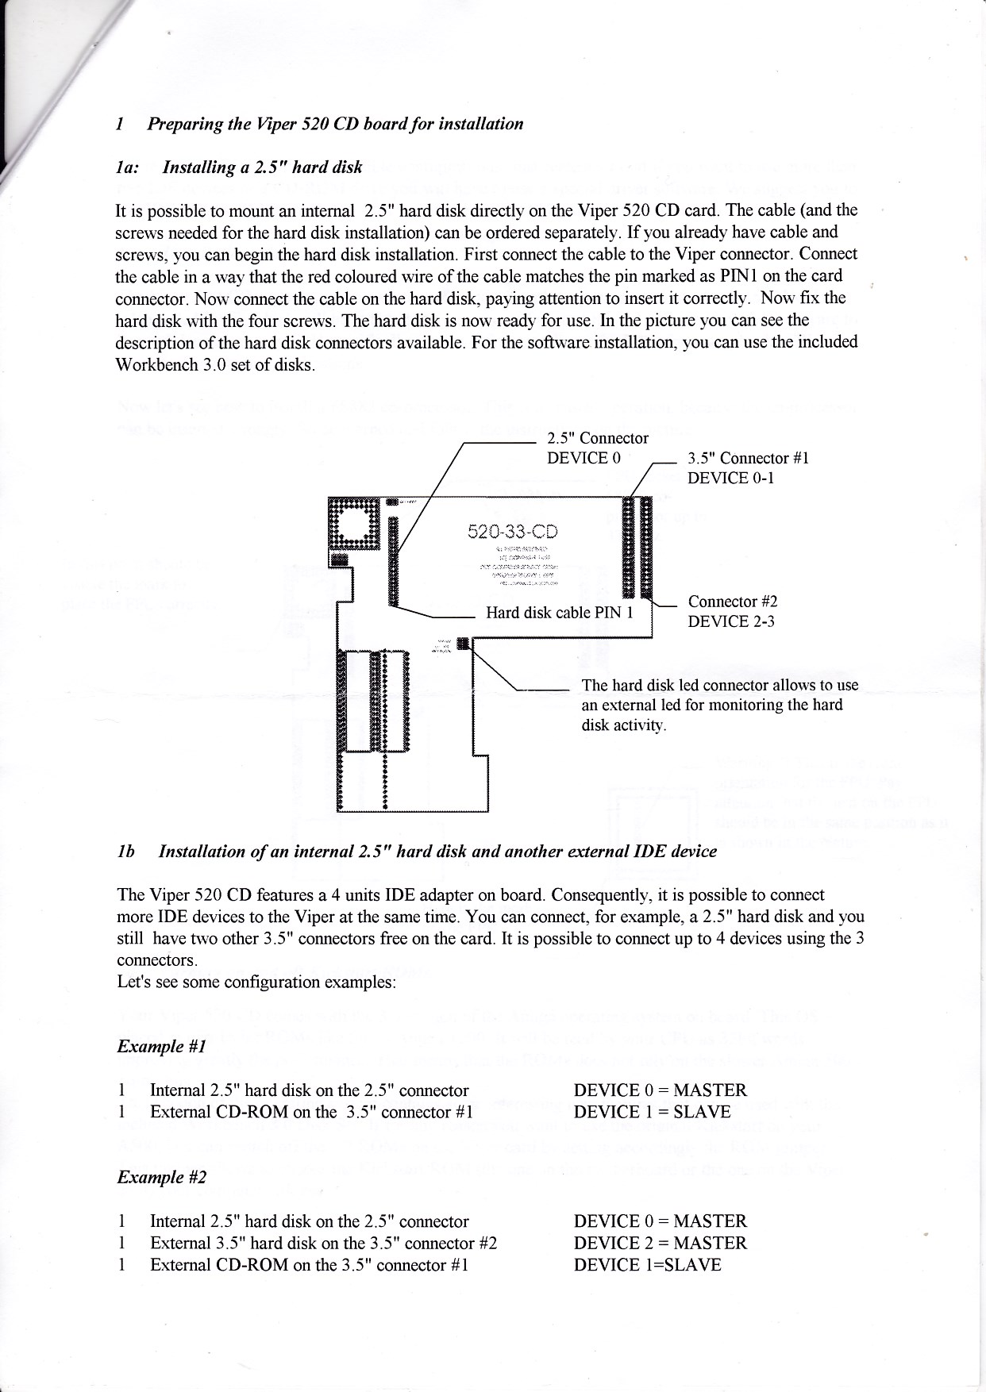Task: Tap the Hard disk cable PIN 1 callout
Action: (559, 613)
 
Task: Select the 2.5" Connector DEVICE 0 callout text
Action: (597, 448)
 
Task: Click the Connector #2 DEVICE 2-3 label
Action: (731, 611)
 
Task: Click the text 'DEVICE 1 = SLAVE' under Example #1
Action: (652, 1112)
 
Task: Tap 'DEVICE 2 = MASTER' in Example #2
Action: (660, 1243)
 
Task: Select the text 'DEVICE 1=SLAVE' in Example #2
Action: (647, 1265)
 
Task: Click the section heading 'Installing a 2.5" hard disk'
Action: (262, 167)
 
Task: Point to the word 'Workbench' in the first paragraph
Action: (153, 366)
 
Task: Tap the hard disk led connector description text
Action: (719, 705)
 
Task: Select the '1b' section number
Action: (125, 852)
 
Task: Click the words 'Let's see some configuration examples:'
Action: (256, 982)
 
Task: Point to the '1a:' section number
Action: (127, 167)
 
